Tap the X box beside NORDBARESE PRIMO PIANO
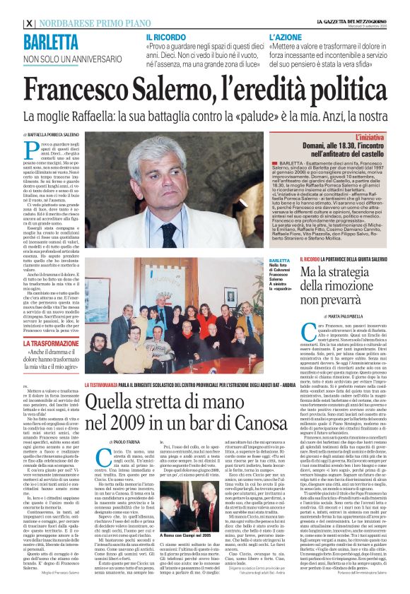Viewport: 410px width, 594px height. point(29,23)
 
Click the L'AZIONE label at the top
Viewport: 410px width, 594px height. point(283,36)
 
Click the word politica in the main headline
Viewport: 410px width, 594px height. point(340,90)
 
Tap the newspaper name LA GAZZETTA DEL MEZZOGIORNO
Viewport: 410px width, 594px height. point(349,22)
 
